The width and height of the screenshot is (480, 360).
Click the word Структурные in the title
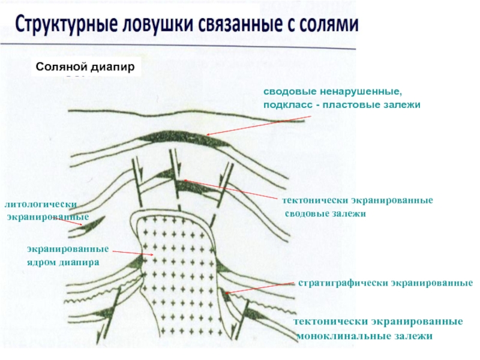pyautogui.click(x=65, y=25)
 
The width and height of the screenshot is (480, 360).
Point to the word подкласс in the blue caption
pyautogui.click(x=286, y=105)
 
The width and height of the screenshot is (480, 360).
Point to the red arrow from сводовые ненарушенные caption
pyautogui.click(x=240, y=126)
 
